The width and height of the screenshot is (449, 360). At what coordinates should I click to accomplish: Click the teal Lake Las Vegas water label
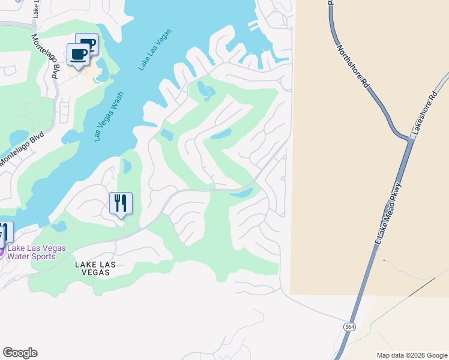coord(155,50)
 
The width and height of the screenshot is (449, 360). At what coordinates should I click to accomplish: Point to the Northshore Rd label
coord(353,67)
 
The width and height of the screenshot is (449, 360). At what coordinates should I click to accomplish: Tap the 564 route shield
coord(349,327)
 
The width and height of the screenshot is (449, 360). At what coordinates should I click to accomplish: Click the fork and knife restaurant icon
coord(121,203)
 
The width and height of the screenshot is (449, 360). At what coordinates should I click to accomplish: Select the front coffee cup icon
coord(78,55)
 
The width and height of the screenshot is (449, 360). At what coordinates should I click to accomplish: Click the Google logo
coord(20,353)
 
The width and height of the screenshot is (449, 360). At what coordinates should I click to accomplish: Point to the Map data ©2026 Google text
coord(411,355)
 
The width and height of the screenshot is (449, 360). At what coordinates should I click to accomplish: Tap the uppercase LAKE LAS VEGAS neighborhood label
coord(92,268)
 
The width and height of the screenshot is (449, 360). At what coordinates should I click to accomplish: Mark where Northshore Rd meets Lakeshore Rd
coord(412,140)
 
